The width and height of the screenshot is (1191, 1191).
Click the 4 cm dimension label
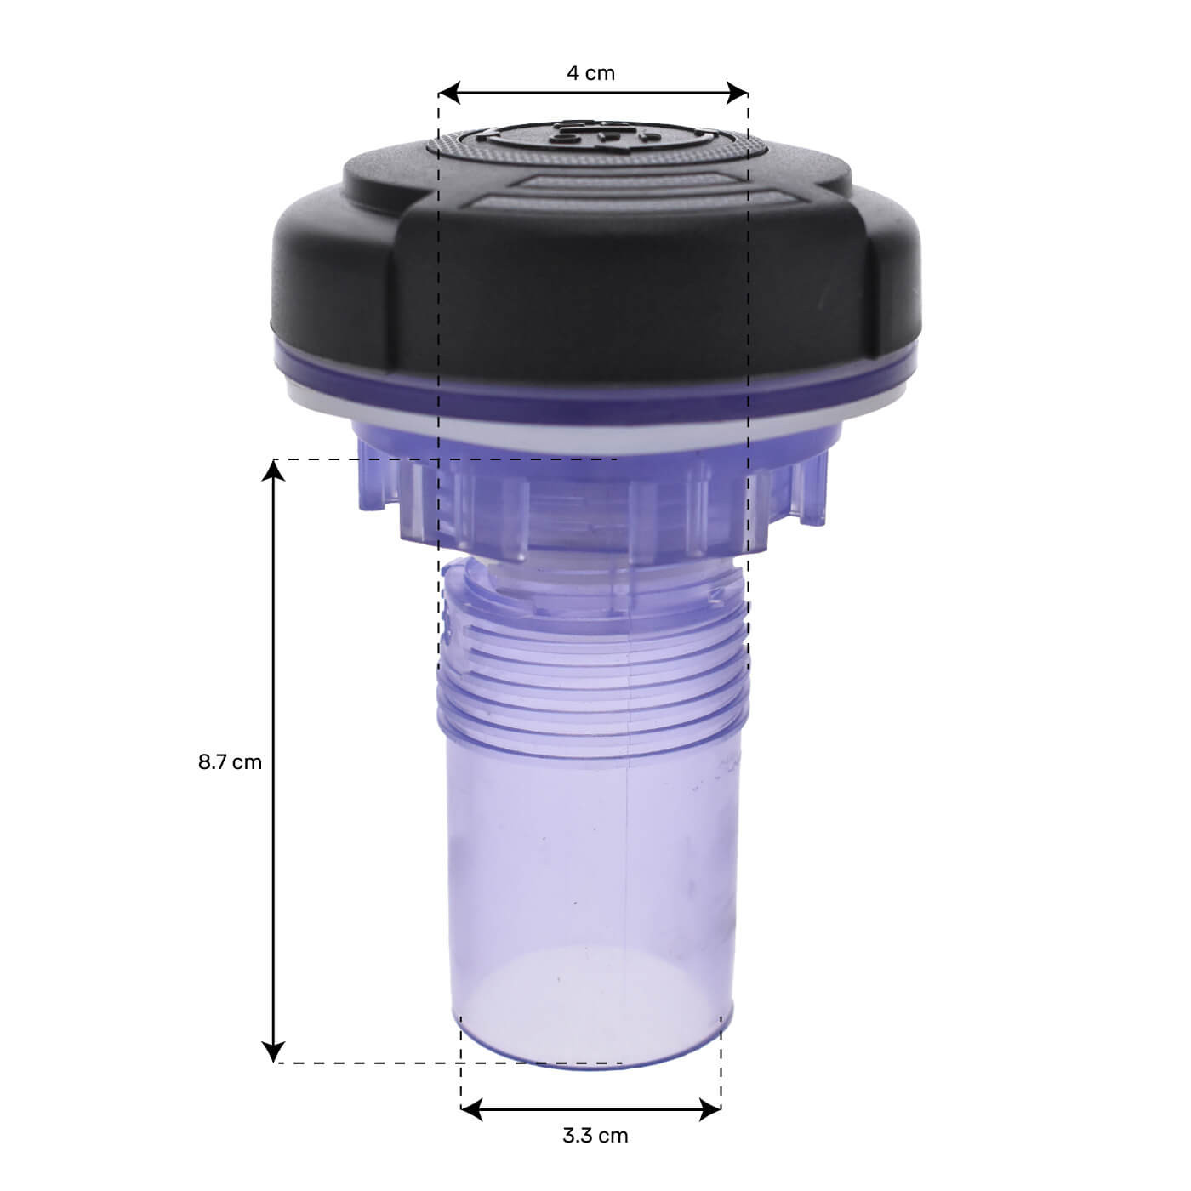pos(590,73)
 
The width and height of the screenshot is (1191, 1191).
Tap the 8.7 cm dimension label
pos(230,762)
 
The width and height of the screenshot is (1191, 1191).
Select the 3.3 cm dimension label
pos(595,1136)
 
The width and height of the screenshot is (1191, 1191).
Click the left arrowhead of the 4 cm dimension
pos(449,93)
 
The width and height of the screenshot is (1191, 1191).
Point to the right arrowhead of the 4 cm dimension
pos(737,93)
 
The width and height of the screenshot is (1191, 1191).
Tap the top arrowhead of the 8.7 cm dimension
pos(274,470)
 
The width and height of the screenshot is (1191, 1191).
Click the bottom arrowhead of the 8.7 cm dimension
pos(274,1051)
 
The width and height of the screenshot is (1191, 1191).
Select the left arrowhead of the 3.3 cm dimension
pos(471,1109)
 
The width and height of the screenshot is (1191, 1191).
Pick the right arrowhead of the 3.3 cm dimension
pos(709,1109)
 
